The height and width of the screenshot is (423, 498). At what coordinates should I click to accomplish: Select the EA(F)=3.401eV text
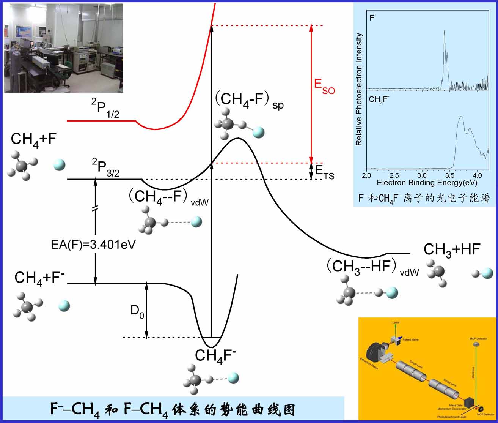(x=93, y=245)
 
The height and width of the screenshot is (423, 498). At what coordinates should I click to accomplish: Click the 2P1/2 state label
(x=105, y=108)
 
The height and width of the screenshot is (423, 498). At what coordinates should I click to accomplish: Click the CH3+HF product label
(x=452, y=250)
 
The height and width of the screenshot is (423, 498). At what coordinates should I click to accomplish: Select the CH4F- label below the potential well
(x=215, y=356)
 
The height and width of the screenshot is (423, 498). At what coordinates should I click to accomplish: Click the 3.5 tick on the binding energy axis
(x=449, y=175)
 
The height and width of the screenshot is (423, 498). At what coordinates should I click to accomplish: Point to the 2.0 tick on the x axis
(x=366, y=175)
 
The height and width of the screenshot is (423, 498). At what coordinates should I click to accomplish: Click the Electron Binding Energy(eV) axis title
(x=427, y=183)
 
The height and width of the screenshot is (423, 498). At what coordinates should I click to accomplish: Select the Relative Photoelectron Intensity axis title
(x=359, y=89)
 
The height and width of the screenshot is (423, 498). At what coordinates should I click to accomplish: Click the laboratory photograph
(x=63, y=48)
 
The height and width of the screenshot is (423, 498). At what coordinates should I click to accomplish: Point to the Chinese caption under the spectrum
(x=424, y=198)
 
